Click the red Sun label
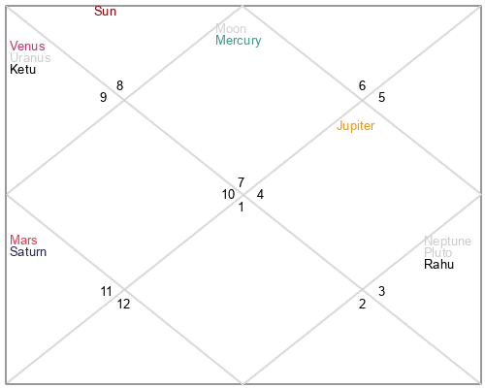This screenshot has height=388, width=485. point(105,12)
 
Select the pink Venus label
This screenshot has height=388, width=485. point(27,46)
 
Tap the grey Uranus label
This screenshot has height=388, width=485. point(30,57)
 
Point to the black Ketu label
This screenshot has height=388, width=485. point(22,69)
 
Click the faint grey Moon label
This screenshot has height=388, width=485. point(231,28)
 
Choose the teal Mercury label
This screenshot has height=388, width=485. point(239,41)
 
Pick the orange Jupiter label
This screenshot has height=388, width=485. point(355,125)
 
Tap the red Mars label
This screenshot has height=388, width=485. point(23,240)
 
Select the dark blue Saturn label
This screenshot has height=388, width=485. point(28,251)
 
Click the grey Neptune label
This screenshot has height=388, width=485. point(447,242)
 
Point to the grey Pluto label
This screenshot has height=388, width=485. point(437,252)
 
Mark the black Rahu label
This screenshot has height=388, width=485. point(438,264)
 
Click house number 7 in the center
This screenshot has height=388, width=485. point(241,182)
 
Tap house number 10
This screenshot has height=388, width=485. point(228,194)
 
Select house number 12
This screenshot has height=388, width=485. point(123,304)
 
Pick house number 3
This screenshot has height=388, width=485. point(381,291)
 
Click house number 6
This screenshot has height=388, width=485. point(362,85)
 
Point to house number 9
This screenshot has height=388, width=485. point(103,97)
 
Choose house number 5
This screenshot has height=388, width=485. point(381,97)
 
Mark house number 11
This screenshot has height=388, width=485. point(106,291)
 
